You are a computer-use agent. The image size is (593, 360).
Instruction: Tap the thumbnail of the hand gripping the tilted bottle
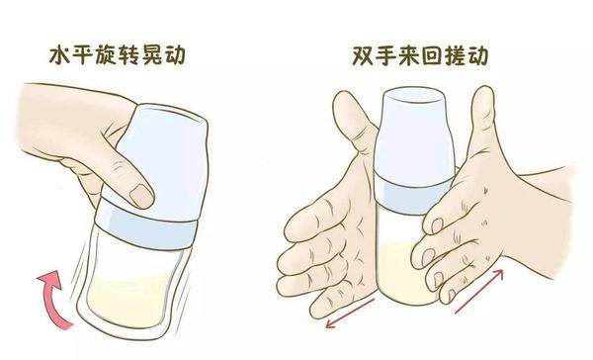140,193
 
